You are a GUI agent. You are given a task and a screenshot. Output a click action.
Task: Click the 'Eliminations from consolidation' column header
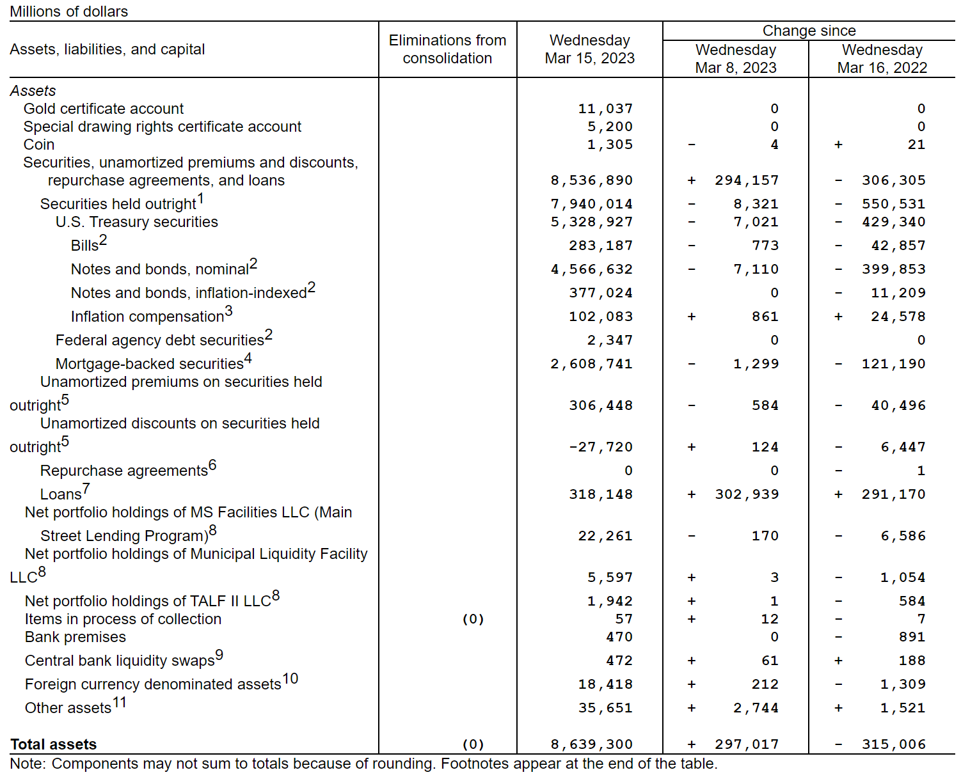click(447, 49)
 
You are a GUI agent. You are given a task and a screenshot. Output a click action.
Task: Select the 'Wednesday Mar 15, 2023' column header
click(589, 49)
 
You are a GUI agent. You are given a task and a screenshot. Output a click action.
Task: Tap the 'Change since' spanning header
click(809, 31)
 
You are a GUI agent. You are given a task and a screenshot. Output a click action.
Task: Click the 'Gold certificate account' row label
click(104, 109)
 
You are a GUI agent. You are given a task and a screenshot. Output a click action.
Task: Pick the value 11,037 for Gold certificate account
click(605, 109)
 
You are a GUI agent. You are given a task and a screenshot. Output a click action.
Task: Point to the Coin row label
click(39, 145)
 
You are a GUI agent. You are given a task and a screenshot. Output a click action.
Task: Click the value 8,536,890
click(592, 180)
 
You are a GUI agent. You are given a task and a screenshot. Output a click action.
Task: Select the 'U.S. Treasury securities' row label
click(137, 222)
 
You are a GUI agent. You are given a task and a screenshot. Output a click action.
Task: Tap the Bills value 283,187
click(601, 246)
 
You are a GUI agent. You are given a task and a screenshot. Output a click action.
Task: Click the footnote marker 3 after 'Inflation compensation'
click(228, 311)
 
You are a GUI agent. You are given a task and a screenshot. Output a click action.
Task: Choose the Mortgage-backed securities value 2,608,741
click(592, 364)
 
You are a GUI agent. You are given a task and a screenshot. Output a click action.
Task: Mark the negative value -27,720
click(601, 447)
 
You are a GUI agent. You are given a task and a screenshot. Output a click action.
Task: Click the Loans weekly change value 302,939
click(747, 494)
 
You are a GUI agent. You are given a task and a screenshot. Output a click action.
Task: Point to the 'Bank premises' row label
click(75, 637)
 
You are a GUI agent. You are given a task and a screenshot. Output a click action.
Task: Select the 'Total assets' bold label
click(54, 744)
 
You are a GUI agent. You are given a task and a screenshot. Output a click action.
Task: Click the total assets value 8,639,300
click(592, 744)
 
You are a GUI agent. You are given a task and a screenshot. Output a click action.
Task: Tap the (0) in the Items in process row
click(473, 619)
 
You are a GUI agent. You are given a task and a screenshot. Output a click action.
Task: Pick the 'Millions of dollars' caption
click(69, 12)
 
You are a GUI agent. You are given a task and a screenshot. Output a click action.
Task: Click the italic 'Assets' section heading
click(33, 91)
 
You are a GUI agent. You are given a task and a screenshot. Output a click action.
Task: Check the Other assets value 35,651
click(605, 708)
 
